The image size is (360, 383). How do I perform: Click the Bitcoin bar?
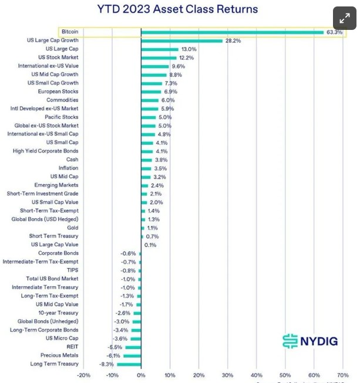[x=232, y=32]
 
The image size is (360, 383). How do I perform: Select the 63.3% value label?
[x=334, y=32]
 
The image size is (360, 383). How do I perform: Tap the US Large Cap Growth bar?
[x=181, y=40]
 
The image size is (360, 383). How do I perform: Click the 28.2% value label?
[x=233, y=40]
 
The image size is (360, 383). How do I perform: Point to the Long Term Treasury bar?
[x=129, y=364]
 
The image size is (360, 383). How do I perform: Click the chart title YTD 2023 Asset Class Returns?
[x=177, y=9]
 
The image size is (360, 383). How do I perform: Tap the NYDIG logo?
[x=310, y=340]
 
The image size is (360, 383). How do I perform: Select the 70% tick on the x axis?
[x=342, y=375]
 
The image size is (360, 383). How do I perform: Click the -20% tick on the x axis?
[x=83, y=375]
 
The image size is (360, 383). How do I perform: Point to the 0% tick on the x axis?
[x=141, y=375]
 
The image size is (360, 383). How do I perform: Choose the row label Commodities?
[x=62, y=100]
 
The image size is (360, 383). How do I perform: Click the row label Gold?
[x=72, y=228]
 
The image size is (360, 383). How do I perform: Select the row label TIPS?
[x=72, y=270]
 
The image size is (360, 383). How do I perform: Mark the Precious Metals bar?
[x=132, y=355]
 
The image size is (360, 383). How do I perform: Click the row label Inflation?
[x=68, y=168]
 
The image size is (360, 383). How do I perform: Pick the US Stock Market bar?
[x=159, y=57]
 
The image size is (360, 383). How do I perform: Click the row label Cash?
[x=72, y=160]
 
